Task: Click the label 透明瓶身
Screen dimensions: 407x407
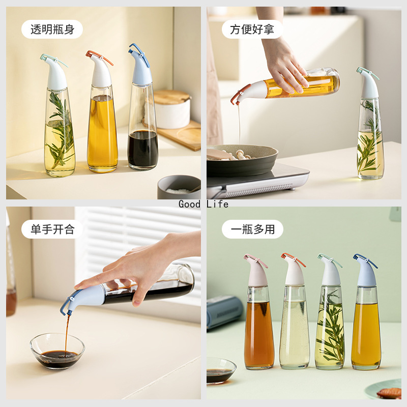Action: (52, 30)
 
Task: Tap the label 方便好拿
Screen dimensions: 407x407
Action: (252, 30)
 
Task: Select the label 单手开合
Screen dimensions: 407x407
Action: (52, 229)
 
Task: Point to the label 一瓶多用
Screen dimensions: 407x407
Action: (252, 229)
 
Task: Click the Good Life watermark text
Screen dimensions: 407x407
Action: (203, 204)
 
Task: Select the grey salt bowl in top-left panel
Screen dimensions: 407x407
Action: (179, 187)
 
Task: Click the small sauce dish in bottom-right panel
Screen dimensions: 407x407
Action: (220, 370)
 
